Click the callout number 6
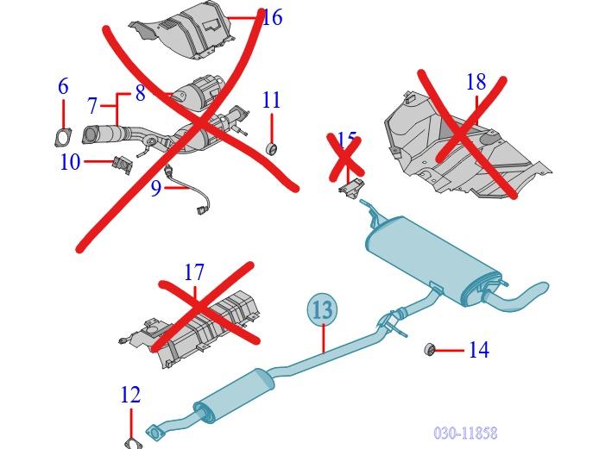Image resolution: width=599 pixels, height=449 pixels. pos(63,86)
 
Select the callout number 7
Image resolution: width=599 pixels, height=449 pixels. pos(92,106)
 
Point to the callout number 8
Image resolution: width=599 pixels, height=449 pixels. pos(140,93)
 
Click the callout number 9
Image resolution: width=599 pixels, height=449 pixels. pos(156,187)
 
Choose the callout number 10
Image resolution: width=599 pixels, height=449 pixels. pos(70,161)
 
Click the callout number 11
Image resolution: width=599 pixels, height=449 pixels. pos(271,100)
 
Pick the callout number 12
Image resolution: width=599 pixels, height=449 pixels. pos(130,395)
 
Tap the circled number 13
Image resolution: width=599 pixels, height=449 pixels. pos(322,309)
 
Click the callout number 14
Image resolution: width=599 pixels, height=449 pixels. pos(478,349)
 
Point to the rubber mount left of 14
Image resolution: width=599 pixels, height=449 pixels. pos(427,349)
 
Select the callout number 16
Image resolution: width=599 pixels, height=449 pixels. pos(271,16)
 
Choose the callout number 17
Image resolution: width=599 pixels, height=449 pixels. pos(194,272)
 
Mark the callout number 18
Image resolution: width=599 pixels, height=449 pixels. pos(476,82)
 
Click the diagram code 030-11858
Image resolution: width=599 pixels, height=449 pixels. pos(465,433)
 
